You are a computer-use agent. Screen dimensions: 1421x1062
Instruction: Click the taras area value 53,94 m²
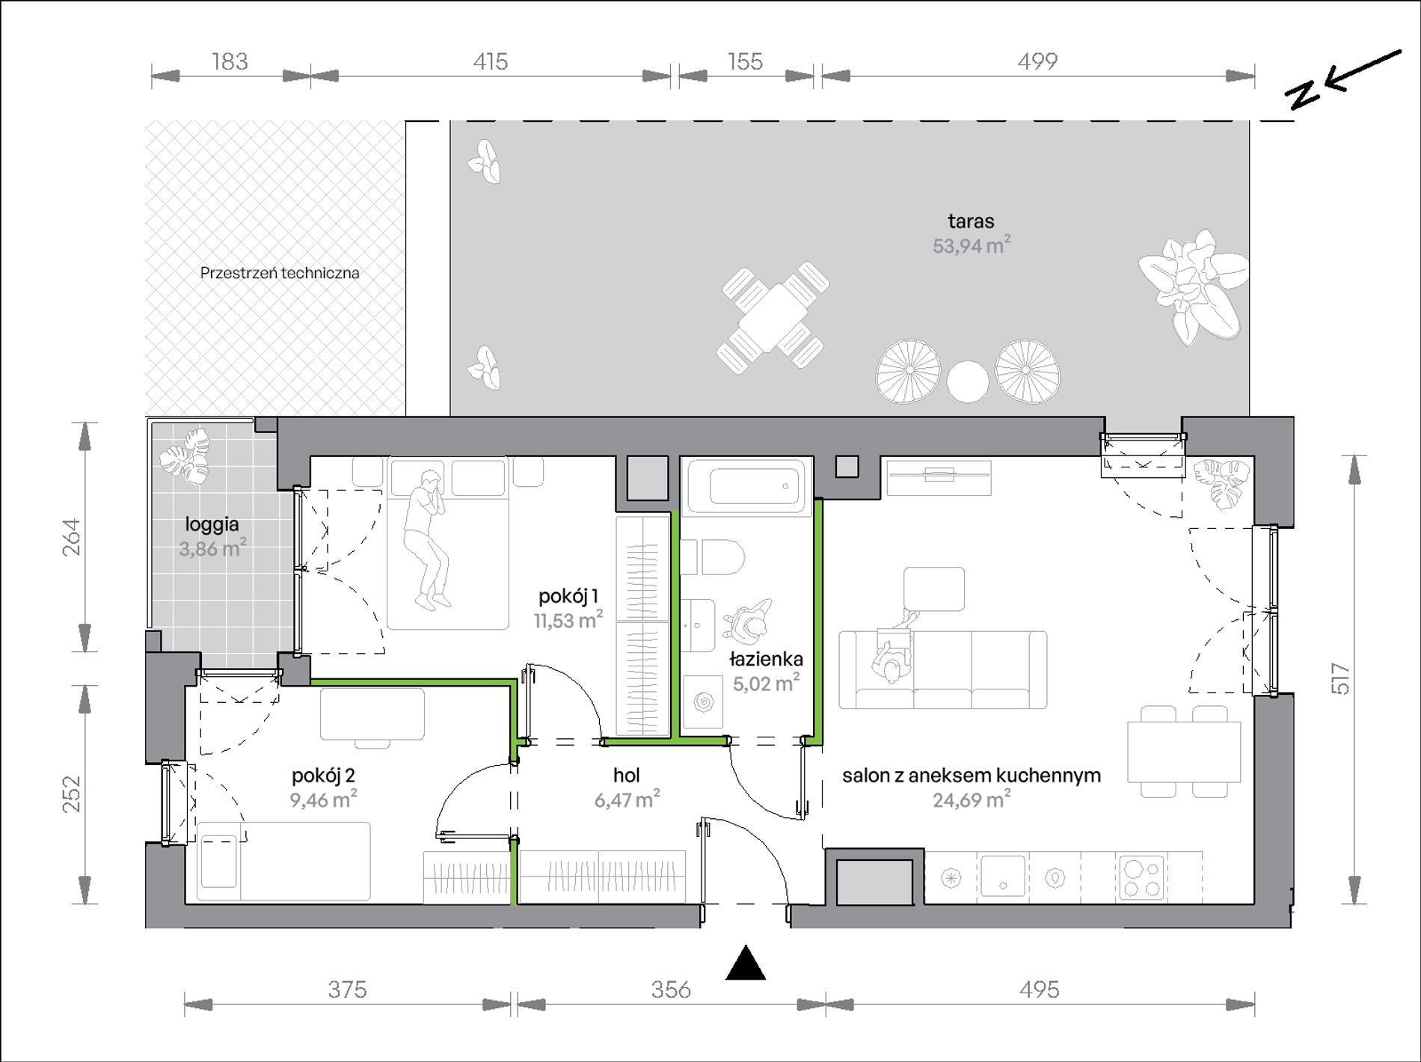pos(972,245)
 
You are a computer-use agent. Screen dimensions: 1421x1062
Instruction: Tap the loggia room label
pos(212,524)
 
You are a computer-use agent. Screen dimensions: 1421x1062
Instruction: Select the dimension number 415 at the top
pos(490,61)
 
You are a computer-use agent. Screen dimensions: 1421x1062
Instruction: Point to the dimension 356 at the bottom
pos(671,989)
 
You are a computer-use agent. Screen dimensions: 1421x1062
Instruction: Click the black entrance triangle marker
pos(745,963)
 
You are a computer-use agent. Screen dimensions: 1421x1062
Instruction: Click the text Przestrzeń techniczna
pos(280,273)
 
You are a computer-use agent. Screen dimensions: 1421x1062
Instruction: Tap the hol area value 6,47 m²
pos(627,799)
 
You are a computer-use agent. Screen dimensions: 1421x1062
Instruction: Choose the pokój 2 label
pos(323,776)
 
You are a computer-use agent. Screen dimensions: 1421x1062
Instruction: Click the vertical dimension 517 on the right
pos(1341,679)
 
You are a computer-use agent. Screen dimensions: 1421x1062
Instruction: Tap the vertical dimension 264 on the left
pos(72,537)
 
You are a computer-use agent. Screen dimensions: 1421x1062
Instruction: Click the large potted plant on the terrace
pos(1193,287)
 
